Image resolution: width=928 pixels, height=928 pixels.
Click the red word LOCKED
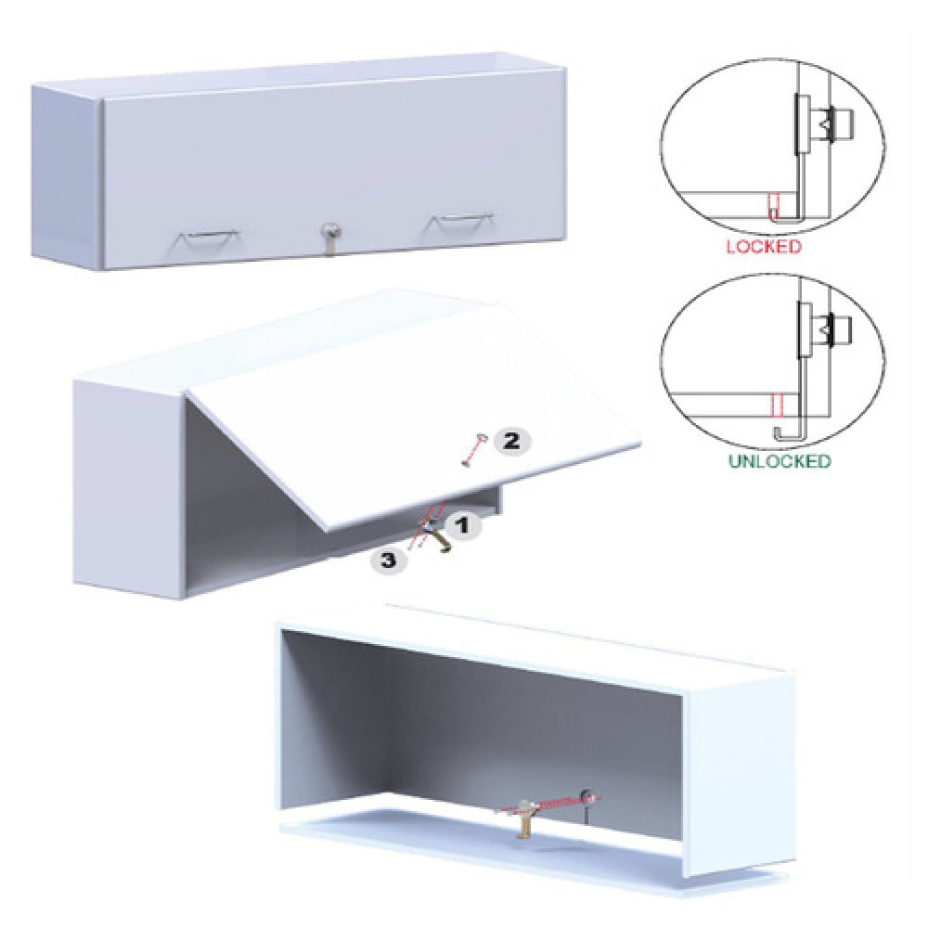coord(764,246)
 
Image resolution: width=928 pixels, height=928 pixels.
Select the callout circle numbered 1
coord(463,524)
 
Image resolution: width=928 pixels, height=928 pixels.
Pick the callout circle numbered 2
coord(512,440)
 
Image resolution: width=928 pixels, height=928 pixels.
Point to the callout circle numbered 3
coord(388,560)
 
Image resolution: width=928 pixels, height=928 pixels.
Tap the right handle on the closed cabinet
coord(461,223)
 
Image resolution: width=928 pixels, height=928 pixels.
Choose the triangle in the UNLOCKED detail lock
coord(825,326)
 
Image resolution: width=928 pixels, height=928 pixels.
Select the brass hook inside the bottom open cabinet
coord(523,819)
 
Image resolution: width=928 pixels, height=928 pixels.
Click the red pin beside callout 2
coord(472,451)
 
